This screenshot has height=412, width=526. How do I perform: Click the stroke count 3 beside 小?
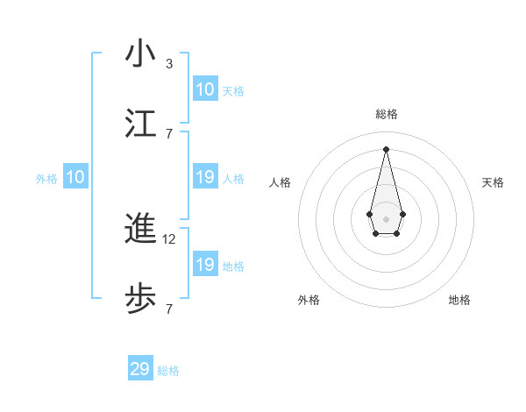coord(169,63)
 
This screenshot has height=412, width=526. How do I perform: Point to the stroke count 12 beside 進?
coord(171,238)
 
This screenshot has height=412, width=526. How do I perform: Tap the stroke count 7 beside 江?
coord(169,133)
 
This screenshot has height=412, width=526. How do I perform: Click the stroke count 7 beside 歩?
coord(169,309)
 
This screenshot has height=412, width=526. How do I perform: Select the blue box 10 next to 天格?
coord(205,89)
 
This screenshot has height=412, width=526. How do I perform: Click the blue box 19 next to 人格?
coord(205,178)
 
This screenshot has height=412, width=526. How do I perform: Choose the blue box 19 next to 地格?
coord(205,265)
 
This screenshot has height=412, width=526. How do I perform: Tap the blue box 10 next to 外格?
coord(75,178)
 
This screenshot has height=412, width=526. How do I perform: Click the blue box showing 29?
coord(140,369)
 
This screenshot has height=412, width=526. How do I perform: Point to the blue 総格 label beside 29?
coord(169,372)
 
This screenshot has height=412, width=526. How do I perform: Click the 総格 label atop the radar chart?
coord(386,114)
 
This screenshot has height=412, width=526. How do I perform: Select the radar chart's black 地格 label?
coord(459,300)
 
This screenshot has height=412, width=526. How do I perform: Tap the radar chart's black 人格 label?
coord(281,182)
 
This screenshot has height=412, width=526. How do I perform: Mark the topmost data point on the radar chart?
coord(386,148)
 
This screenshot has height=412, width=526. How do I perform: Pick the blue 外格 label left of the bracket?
coord(46,179)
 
